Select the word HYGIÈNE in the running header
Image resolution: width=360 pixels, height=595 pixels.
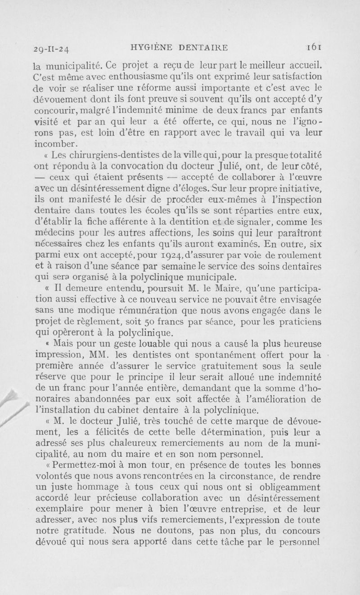pos(152,46)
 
